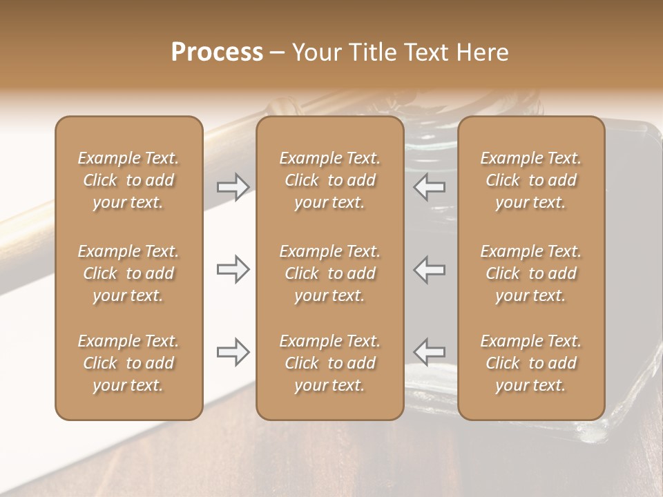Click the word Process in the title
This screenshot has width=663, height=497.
(217, 52)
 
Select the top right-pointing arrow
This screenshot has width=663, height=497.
(233, 187)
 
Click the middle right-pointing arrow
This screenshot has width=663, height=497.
(233, 269)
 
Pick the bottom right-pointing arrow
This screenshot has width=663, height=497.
(233, 352)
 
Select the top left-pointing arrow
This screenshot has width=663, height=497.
(430, 187)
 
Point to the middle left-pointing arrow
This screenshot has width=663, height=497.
(430, 269)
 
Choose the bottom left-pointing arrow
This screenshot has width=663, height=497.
(430, 352)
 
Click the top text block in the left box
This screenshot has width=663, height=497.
(128, 180)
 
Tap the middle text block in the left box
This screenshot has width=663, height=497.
(128, 273)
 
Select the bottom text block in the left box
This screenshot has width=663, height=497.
(128, 363)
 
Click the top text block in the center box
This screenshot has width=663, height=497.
(329, 180)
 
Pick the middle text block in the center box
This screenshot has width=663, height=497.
(329, 273)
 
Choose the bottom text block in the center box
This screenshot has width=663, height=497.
(329, 363)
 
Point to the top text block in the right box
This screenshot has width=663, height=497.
(530, 180)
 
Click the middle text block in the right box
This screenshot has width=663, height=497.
(530, 273)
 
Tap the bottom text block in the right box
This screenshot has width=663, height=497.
(530, 363)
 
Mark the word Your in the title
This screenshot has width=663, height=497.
(314, 52)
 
